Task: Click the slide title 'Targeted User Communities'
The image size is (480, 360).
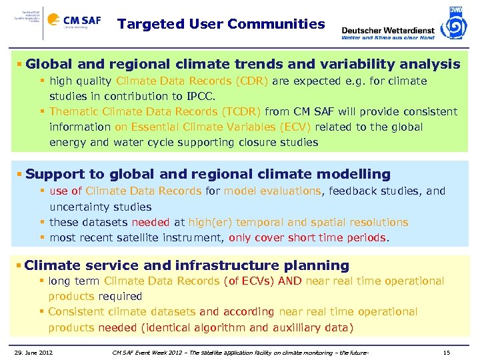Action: pyautogui.click(x=221, y=25)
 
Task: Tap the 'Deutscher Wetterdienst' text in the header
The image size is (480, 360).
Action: pyautogui.click(x=387, y=30)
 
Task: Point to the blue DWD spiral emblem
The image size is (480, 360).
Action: pyautogui.click(x=455, y=25)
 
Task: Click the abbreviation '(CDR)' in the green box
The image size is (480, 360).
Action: pyautogui.click(x=251, y=81)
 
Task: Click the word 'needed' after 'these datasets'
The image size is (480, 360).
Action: pyautogui.click(x=150, y=222)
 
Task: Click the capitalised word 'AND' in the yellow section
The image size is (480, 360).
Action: pyautogui.click(x=289, y=281)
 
